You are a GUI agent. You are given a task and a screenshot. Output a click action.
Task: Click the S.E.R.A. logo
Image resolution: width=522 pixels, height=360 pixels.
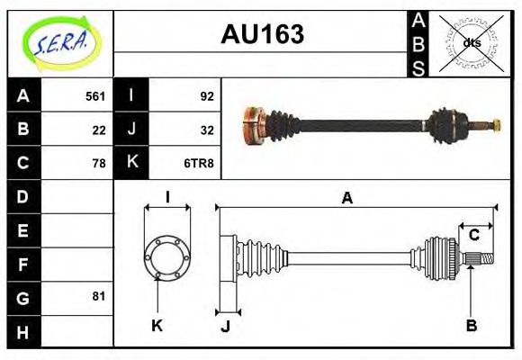point(60,42)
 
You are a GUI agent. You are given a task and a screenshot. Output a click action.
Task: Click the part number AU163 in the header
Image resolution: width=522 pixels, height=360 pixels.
point(262,35)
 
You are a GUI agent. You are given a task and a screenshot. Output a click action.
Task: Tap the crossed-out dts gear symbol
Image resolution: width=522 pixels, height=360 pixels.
point(471,42)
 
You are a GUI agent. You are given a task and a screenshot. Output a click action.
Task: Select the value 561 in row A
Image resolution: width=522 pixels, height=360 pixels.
point(95,95)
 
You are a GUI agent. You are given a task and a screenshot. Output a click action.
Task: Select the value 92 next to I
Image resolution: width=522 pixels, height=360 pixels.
point(206,95)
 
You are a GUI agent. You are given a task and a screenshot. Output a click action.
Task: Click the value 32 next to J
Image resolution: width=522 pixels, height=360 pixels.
point(206,129)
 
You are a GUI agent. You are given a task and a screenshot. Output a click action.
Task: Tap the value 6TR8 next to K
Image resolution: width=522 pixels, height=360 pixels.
point(199,163)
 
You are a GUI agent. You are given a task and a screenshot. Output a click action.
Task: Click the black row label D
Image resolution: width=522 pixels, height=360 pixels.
point(23,196)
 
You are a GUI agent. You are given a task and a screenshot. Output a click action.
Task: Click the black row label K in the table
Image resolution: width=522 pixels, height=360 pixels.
point(131,163)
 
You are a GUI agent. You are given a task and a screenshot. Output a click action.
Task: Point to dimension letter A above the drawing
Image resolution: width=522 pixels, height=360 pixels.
point(346,198)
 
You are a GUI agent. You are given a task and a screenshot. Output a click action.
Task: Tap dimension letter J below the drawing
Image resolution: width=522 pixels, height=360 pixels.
point(225,326)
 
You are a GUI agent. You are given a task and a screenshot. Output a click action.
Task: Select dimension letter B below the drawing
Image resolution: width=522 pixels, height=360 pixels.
point(471,326)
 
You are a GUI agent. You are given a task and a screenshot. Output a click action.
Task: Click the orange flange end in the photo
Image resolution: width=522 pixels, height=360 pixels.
point(251,125)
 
